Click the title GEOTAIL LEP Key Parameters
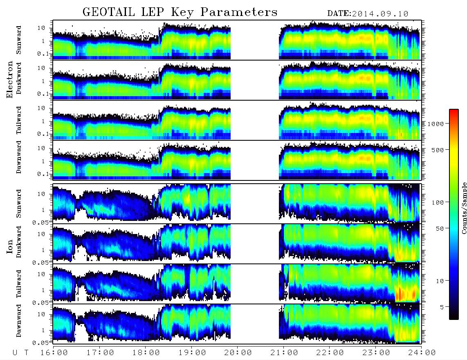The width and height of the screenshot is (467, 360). click(180, 12)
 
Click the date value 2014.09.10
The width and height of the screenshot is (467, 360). click(380, 14)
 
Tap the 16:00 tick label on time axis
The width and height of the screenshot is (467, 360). click(54, 353)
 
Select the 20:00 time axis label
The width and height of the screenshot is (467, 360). click(238, 353)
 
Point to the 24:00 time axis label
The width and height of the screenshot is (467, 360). click(422, 353)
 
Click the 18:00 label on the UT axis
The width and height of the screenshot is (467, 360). click(146, 353)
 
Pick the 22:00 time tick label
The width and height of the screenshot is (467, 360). click(330, 353)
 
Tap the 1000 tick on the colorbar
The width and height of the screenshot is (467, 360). click(436, 124)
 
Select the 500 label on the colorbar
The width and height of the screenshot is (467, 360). click(438, 150)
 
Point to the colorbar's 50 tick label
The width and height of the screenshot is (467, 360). click(440, 229)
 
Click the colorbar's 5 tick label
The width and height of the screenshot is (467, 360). click(442, 307)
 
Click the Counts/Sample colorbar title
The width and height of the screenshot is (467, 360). click(464, 208)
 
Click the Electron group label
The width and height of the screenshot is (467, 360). click(10, 79)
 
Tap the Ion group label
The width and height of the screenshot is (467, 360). click(10, 247)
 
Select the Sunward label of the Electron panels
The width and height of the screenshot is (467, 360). click(19, 40)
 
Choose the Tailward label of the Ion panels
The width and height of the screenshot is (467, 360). click(19, 284)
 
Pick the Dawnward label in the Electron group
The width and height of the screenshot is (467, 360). click(19, 157)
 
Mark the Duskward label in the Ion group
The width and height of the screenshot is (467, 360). click(19, 242)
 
